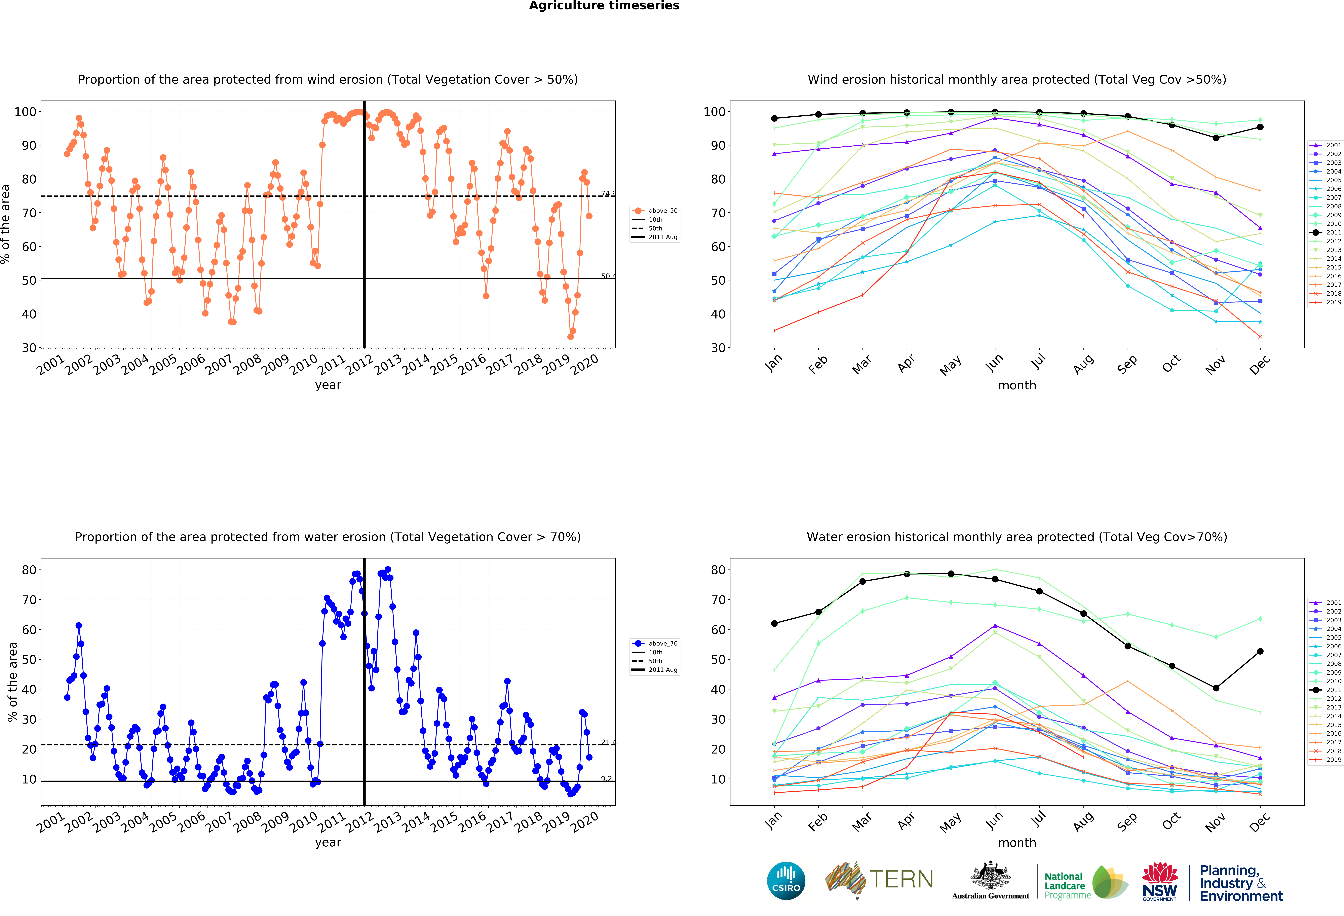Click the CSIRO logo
point(786,881)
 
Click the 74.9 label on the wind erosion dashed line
point(608,194)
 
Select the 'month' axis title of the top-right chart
point(1017,385)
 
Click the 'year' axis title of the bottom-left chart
point(328,843)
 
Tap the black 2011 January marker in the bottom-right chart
point(774,623)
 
